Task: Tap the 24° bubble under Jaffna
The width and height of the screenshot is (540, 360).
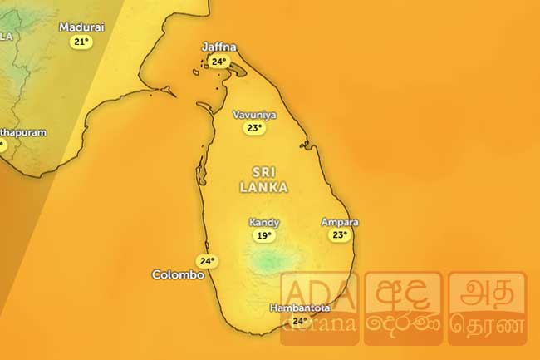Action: pyautogui.click(x=219, y=62)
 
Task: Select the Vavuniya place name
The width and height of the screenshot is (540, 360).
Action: pyautogui.click(x=254, y=116)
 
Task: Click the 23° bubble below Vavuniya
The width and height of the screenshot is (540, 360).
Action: pyautogui.click(x=254, y=129)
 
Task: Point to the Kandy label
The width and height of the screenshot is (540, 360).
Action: pyautogui.click(x=264, y=223)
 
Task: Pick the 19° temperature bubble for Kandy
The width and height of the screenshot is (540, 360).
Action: pyautogui.click(x=264, y=236)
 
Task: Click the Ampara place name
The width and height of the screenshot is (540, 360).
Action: pyautogui.click(x=340, y=222)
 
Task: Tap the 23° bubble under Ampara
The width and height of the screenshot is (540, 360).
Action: pyautogui.click(x=339, y=235)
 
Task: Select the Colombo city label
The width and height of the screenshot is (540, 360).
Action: pyautogui.click(x=178, y=274)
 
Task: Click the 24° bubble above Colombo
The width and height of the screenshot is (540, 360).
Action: pyautogui.click(x=205, y=261)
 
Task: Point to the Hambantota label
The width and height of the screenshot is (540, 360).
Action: pyautogui.click(x=300, y=308)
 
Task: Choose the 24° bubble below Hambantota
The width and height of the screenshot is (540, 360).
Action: pyautogui.click(x=300, y=321)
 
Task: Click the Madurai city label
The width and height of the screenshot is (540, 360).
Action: pyautogui.click(x=81, y=27)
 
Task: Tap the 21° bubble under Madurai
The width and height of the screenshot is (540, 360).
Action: pyautogui.click(x=81, y=42)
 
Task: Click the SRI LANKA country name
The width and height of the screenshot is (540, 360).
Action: pyautogui.click(x=263, y=179)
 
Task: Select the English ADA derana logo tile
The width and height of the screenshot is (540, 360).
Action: pyautogui.click(x=320, y=308)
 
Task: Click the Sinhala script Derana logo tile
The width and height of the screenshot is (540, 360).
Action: pyautogui.click(x=403, y=308)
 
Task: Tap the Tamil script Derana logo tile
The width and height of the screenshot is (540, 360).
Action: pyautogui.click(x=487, y=308)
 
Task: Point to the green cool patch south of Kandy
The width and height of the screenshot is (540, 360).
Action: pyautogui.click(x=269, y=263)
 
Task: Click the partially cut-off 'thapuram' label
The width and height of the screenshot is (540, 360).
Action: pyautogui.click(x=22, y=132)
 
